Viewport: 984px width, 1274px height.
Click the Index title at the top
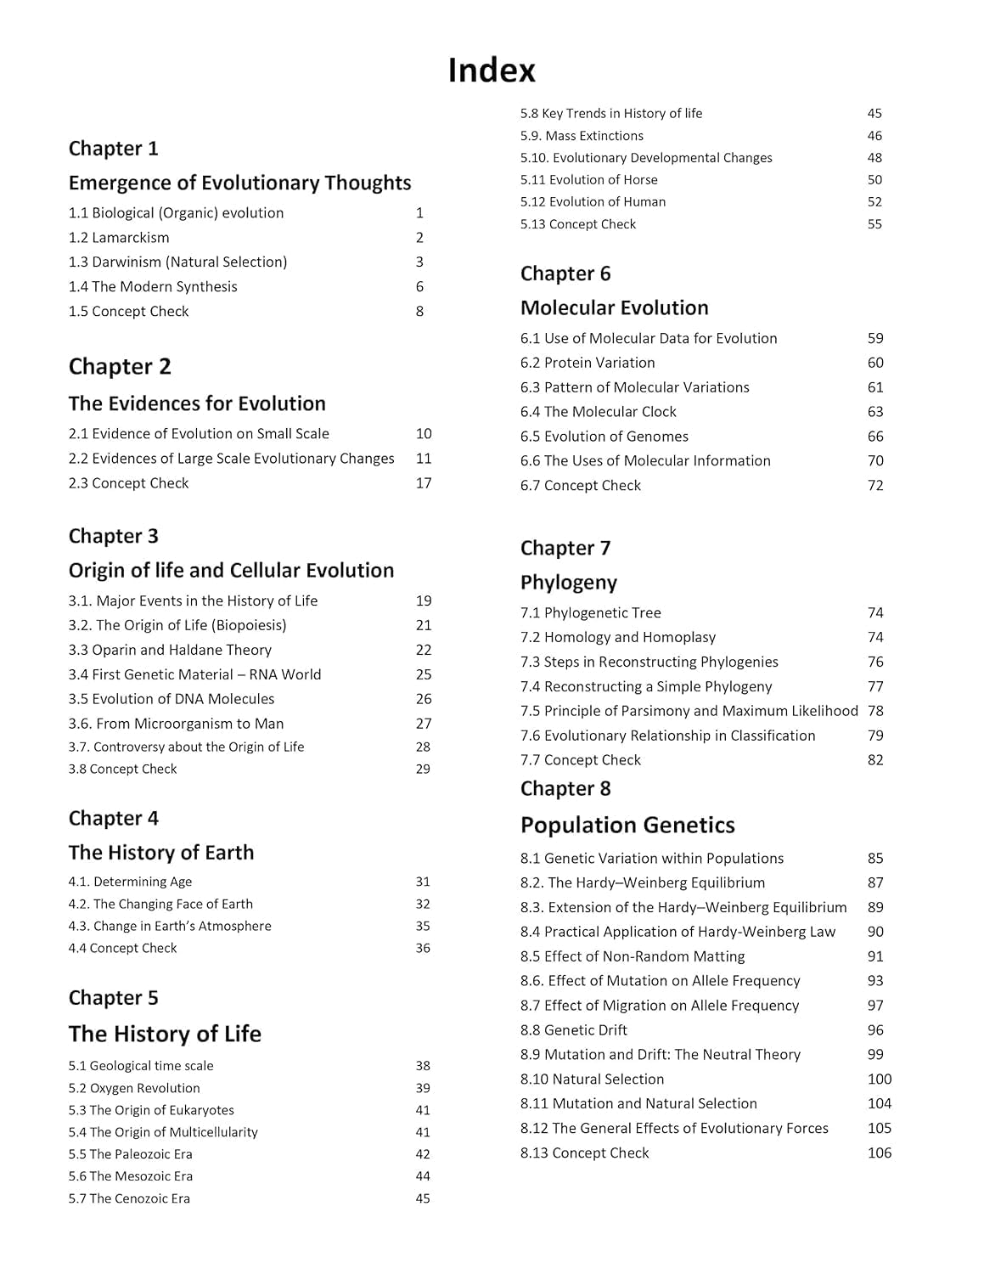(x=492, y=70)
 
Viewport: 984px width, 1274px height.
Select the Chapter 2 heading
(x=120, y=367)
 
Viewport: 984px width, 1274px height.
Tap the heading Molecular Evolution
(x=614, y=308)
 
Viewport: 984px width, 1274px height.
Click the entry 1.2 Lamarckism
(x=119, y=238)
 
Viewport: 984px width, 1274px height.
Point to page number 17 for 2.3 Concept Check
(x=424, y=483)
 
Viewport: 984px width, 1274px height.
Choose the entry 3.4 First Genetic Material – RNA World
(x=194, y=674)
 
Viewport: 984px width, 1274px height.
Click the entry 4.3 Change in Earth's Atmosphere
(x=170, y=926)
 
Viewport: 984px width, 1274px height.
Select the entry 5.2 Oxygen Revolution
(x=134, y=1088)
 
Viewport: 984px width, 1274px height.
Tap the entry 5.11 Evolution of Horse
(x=588, y=180)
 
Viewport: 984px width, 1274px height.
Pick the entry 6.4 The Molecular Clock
(x=598, y=412)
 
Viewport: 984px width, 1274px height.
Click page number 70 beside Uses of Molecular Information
(x=875, y=461)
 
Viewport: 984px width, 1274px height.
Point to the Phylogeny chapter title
(x=569, y=583)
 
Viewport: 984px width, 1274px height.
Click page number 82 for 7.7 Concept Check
(x=875, y=760)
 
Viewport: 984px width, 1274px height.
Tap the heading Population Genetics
(x=627, y=826)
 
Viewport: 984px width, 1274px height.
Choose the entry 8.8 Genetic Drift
(x=573, y=1030)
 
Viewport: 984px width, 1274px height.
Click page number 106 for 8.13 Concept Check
(x=880, y=1153)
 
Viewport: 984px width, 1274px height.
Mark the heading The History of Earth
(x=161, y=853)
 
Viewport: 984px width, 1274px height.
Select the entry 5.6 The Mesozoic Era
(x=131, y=1176)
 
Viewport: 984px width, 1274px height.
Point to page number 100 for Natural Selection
(x=880, y=1080)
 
